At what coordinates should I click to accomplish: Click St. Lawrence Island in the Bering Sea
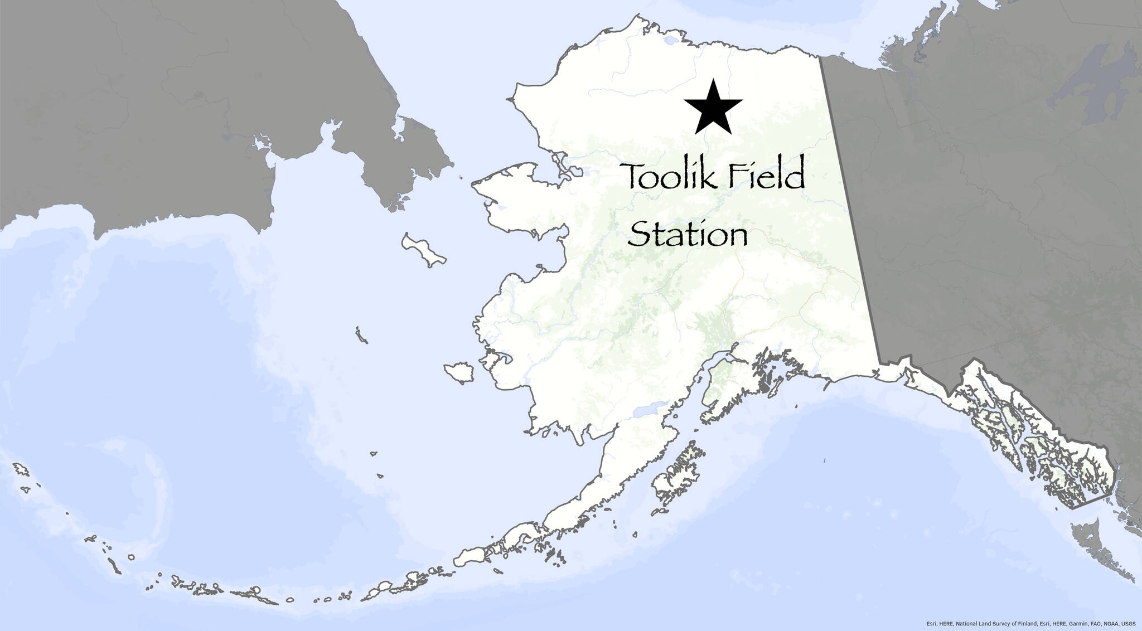point(424,250)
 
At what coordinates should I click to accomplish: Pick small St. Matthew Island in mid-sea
point(361,336)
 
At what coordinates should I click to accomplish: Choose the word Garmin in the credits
point(1062,623)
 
